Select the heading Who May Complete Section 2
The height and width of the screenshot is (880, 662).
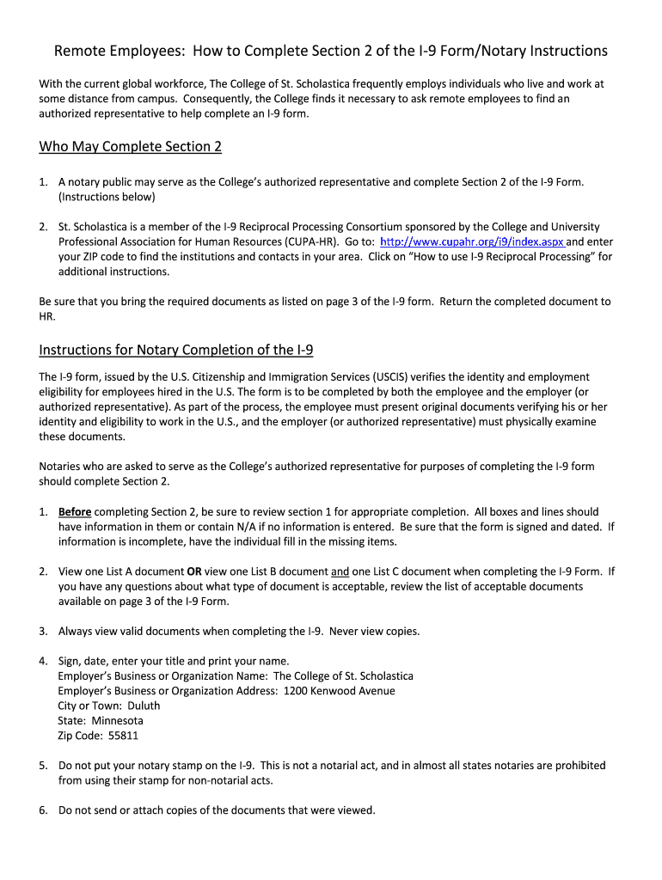[130, 147]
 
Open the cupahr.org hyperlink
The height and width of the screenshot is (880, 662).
[472, 242]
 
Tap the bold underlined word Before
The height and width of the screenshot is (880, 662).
[75, 511]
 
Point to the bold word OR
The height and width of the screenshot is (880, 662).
[195, 571]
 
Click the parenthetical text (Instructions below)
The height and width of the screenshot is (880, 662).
[107, 197]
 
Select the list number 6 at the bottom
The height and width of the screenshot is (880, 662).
[43, 810]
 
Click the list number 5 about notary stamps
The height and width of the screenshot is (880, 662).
[43, 766]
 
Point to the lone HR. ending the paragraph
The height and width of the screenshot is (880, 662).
[48, 316]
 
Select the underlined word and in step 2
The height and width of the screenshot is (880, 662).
[340, 571]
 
